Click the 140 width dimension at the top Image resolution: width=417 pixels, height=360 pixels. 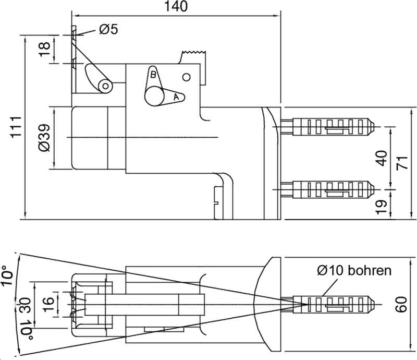(175, 6)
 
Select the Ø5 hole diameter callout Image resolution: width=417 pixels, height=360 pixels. (108, 30)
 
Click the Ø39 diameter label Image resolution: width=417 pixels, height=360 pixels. (45, 138)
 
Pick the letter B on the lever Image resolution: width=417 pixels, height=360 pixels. (153, 75)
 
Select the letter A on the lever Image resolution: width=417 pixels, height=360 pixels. (176, 97)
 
